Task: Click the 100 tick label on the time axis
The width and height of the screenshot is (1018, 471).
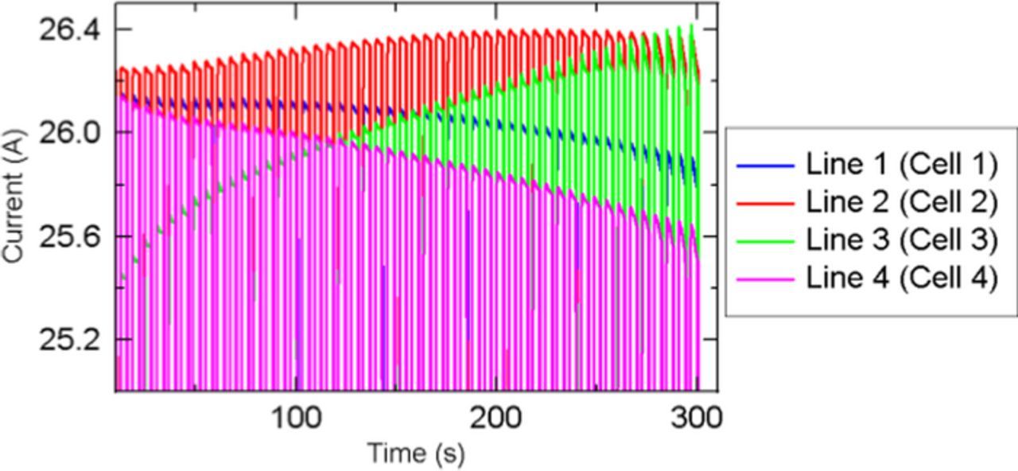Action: click(296, 417)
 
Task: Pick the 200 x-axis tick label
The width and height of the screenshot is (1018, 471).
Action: click(496, 417)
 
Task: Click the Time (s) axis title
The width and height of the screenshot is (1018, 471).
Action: click(415, 453)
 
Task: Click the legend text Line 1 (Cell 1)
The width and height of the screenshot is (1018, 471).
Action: click(901, 165)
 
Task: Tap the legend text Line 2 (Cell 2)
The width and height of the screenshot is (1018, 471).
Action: click(901, 202)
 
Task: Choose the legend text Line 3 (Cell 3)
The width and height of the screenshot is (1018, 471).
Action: click(901, 239)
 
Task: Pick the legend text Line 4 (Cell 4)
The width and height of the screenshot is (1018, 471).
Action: click(901, 278)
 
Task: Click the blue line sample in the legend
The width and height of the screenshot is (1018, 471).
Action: click(765, 165)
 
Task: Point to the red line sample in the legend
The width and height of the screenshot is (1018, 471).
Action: click(765, 203)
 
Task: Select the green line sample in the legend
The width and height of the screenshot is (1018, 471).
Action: click(765, 240)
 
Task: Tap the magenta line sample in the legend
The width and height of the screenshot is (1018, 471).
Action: click(765, 278)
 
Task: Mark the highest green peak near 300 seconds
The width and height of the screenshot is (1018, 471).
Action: click(691, 25)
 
